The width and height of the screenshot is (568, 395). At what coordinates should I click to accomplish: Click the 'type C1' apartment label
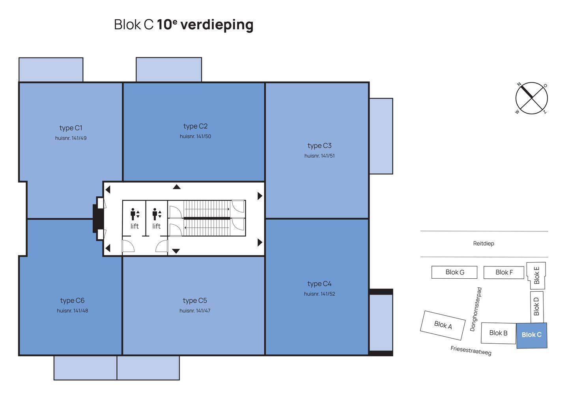coord(71,128)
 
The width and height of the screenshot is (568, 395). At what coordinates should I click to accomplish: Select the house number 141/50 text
coord(195,136)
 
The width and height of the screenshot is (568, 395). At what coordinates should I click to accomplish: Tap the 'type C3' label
coord(319,146)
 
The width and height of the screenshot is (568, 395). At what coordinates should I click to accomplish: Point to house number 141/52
coord(319,294)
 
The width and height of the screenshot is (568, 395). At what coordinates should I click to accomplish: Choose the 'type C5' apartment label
coord(195,301)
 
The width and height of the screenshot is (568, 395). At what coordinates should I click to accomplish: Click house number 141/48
coord(72,311)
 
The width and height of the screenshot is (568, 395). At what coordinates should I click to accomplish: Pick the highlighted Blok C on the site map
coord(532,335)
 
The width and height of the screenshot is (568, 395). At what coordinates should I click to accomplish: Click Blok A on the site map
coord(443,325)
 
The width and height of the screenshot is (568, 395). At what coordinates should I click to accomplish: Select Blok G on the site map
coord(454,272)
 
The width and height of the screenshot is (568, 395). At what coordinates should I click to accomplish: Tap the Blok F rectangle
coord(504,273)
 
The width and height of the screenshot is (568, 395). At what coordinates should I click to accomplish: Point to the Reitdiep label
coord(484,244)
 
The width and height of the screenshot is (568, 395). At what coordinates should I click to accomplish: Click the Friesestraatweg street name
coord(471,351)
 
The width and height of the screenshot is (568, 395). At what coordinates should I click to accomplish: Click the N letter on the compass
coord(519,84)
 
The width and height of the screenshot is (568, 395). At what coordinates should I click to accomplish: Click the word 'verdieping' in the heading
coord(217,25)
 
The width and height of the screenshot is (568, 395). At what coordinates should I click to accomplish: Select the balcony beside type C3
coord(381,136)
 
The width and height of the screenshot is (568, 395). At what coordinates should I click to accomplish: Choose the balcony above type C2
coord(169,70)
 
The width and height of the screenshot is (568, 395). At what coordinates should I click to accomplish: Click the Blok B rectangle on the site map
coord(499,333)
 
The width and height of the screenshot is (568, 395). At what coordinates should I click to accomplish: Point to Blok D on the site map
coord(537,307)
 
